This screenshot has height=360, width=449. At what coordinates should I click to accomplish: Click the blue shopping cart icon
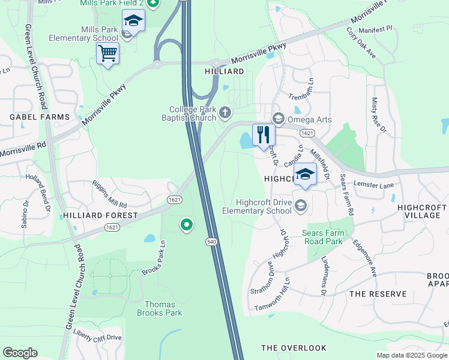(x=107, y=53)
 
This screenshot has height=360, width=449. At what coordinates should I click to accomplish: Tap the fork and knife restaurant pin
(x=263, y=135)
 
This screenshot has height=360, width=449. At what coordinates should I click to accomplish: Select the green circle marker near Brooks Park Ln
(x=187, y=225)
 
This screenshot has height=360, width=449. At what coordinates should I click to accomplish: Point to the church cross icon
(x=225, y=112)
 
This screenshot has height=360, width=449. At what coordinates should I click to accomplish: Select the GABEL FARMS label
(x=39, y=116)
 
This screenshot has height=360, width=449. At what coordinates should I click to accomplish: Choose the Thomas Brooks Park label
(x=159, y=308)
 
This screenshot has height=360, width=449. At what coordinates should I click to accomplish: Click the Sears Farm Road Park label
(x=326, y=237)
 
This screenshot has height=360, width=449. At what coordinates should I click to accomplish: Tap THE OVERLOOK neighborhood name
(x=294, y=348)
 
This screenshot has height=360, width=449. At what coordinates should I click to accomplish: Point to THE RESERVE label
(x=378, y=294)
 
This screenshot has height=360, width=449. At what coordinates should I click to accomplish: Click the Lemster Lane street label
(x=373, y=185)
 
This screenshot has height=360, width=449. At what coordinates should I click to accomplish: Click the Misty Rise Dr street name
(x=379, y=116)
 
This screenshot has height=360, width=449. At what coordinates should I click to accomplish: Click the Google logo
(x=20, y=352)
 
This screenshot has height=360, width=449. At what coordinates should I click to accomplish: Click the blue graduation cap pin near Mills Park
(x=133, y=22)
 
